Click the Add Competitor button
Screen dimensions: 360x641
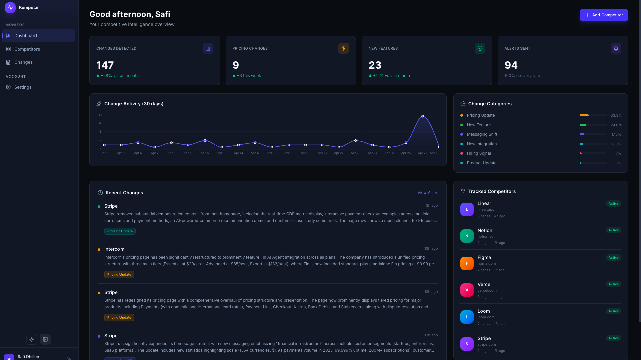pyautogui.click(x=604, y=15)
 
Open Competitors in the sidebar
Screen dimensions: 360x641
pyautogui.click(x=27, y=49)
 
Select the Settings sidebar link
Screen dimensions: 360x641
pyautogui.click(x=23, y=87)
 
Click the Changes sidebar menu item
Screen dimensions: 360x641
pyautogui.click(x=23, y=62)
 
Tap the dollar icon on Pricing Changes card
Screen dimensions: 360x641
pyautogui.click(x=343, y=48)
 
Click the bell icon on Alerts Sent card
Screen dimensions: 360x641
pyautogui.click(x=616, y=48)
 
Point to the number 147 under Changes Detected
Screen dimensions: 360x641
pyautogui.click(x=105, y=65)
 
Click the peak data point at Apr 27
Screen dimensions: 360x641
pyautogui.click(x=423, y=116)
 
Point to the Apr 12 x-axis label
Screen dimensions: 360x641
pyautogui.click(x=205, y=153)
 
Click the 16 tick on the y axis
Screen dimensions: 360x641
pyautogui.click(x=100, y=115)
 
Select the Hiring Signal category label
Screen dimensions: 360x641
pyautogui.click(x=479, y=153)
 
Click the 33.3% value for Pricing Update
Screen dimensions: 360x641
pyautogui.click(x=616, y=115)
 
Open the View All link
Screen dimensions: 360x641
pyautogui.click(x=427, y=193)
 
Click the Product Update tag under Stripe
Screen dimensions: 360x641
pyautogui.click(x=120, y=231)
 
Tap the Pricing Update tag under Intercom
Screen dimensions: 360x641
pyautogui.click(x=119, y=275)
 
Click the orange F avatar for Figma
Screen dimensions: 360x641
pyautogui.click(x=467, y=263)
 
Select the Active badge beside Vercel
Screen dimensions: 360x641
pyautogui.click(x=613, y=284)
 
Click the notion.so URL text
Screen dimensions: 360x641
pyautogui.click(x=485, y=236)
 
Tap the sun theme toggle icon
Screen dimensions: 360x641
pyautogui.click(x=32, y=339)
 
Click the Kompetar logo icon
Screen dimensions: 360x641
pyautogui.click(x=10, y=7)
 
